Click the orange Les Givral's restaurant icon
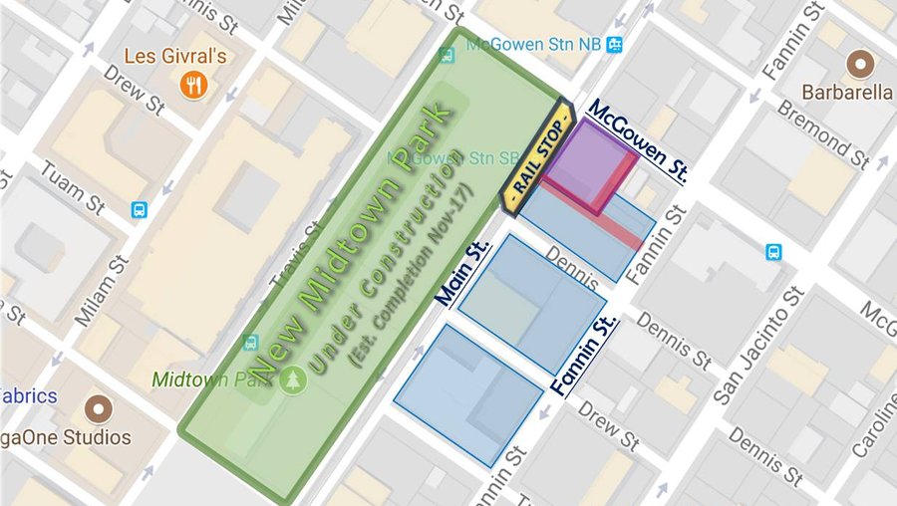click(193, 85)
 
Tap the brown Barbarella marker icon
click(856, 66)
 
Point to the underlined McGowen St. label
click(638, 141)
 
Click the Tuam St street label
click(72, 186)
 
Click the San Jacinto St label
click(757, 348)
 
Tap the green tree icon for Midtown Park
click(291, 380)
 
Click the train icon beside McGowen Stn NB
click(615, 43)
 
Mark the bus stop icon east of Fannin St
click(773, 252)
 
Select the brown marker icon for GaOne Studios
click(98, 408)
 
